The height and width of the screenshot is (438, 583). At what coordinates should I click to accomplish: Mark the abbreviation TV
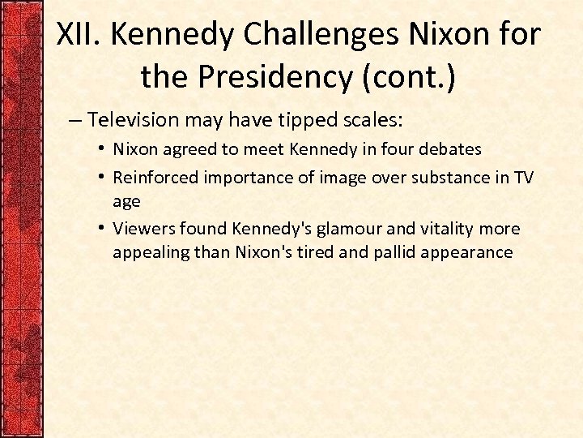pos(523,178)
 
